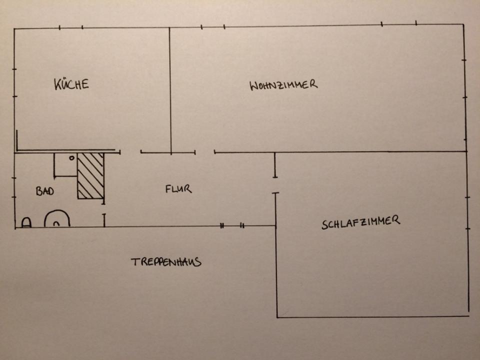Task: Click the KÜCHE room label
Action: [x=71, y=83]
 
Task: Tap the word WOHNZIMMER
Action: [x=283, y=84]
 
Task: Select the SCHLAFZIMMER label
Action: [x=360, y=222]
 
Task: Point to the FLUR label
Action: [x=178, y=189]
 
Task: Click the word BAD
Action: [x=45, y=191]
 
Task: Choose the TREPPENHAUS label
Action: [x=166, y=261]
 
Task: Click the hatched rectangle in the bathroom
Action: [x=90, y=175]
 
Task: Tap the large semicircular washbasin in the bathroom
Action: [x=57, y=219]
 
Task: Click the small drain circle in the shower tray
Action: [x=72, y=158]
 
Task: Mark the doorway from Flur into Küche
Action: [x=130, y=152]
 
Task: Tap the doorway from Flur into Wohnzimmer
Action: [x=205, y=152]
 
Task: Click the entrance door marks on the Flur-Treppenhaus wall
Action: [x=232, y=226]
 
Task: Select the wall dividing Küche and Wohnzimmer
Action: [x=170, y=90]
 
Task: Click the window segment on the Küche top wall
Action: [x=71, y=27]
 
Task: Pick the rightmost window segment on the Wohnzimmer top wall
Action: [x=399, y=23]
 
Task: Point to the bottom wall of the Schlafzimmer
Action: [x=372, y=316]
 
